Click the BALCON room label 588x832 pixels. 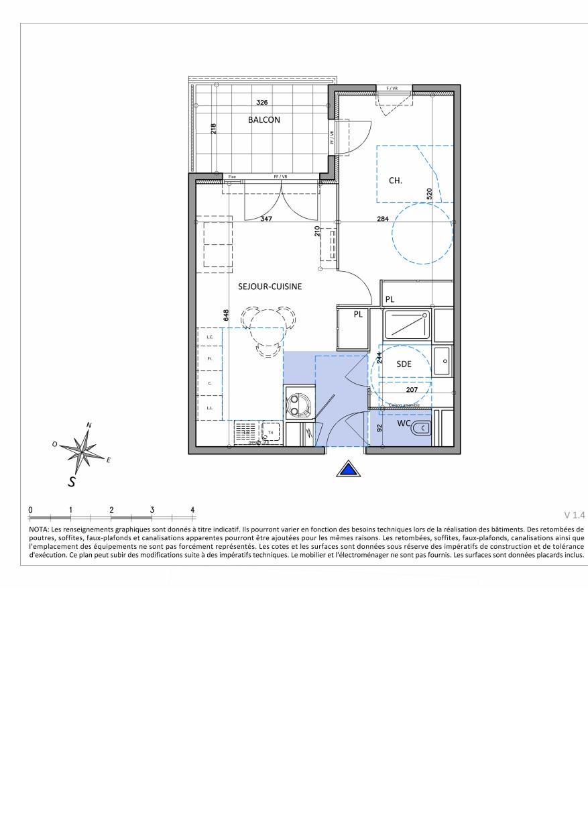coord(263,120)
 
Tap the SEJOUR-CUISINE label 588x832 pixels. coord(270,287)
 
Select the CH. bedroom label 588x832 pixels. coord(396,180)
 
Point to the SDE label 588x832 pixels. coord(403,364)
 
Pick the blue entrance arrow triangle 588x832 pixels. coord(347,469)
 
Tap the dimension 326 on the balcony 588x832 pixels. coord(263,103)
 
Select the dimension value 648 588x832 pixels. coord(227,315)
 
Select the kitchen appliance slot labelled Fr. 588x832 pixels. coord(211,359)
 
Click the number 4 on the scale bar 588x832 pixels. coord(192,510)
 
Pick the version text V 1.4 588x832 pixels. coord(574,515)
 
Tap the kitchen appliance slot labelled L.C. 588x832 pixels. coord(211,337)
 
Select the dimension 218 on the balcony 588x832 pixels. coord(214,129)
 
